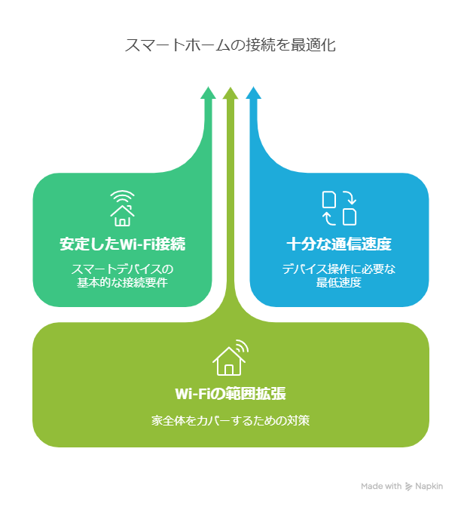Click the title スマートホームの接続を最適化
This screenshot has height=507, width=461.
coord(230,45)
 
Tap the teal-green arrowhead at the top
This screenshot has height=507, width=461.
coord(208,93)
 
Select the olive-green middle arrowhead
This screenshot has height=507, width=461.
coord(230,93)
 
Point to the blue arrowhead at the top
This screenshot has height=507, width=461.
coord(253,93)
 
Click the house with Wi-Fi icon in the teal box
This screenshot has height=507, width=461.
coord(122,208)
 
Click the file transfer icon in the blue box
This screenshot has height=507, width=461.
coord(339,208)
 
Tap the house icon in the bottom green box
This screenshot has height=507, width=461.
coord(230,358)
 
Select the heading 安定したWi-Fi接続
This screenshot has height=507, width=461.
coord(122,244)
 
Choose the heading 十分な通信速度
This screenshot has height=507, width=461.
coord(339,244)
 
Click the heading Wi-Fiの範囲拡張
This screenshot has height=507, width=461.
coord(230,394)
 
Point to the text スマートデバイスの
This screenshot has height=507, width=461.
coord(122,269)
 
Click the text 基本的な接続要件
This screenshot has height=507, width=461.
coord(122,283)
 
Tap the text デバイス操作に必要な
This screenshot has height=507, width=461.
coord(339,269)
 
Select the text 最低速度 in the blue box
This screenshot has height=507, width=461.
coord(339,283)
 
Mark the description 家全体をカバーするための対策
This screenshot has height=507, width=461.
coord(230,421)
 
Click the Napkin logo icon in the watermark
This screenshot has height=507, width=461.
coord(409,487)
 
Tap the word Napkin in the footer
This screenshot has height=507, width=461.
coord(429,486)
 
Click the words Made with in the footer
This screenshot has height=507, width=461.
coord(381,486)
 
